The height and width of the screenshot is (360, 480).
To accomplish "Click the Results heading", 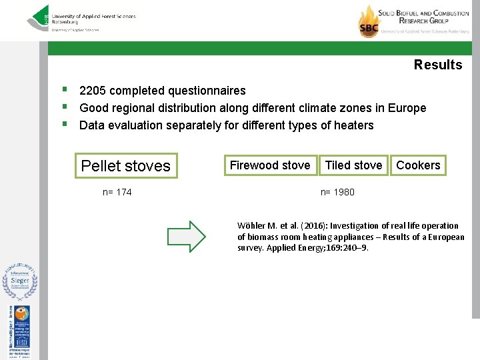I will point(437,65).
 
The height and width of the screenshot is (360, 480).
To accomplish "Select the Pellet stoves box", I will point(126,166).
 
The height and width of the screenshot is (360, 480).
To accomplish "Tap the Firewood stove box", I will point(270,165).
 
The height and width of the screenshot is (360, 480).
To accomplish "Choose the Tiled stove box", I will point(353,165).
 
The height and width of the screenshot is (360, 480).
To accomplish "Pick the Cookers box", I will point(418,165).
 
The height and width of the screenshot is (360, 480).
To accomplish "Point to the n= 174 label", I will point(117,192).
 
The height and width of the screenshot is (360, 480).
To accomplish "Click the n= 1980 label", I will point(337,192).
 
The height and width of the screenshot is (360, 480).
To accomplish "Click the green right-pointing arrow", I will point(187,236).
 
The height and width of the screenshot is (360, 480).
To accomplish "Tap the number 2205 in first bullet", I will point(93,91).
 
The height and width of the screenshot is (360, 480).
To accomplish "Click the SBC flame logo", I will point(368,21).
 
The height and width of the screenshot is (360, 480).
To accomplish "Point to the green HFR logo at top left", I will point(39,18).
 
